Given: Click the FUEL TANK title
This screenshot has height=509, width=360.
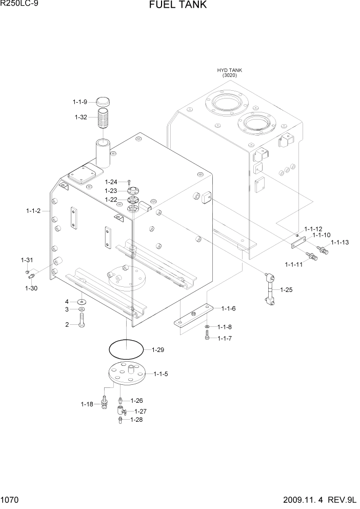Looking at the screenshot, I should (178, 5).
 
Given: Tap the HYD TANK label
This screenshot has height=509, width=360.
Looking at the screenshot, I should (229, 70).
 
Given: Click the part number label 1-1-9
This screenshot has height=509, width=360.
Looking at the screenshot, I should (80, 102).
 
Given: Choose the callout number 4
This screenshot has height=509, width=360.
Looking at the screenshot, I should (67, 301).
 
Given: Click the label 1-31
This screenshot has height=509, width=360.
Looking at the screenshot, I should (27, 259).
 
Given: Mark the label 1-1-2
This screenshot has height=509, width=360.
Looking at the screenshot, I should (34, 210).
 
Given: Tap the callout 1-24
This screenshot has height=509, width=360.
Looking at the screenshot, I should (111, 181).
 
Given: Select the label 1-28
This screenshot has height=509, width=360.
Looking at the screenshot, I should (136, 420).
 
